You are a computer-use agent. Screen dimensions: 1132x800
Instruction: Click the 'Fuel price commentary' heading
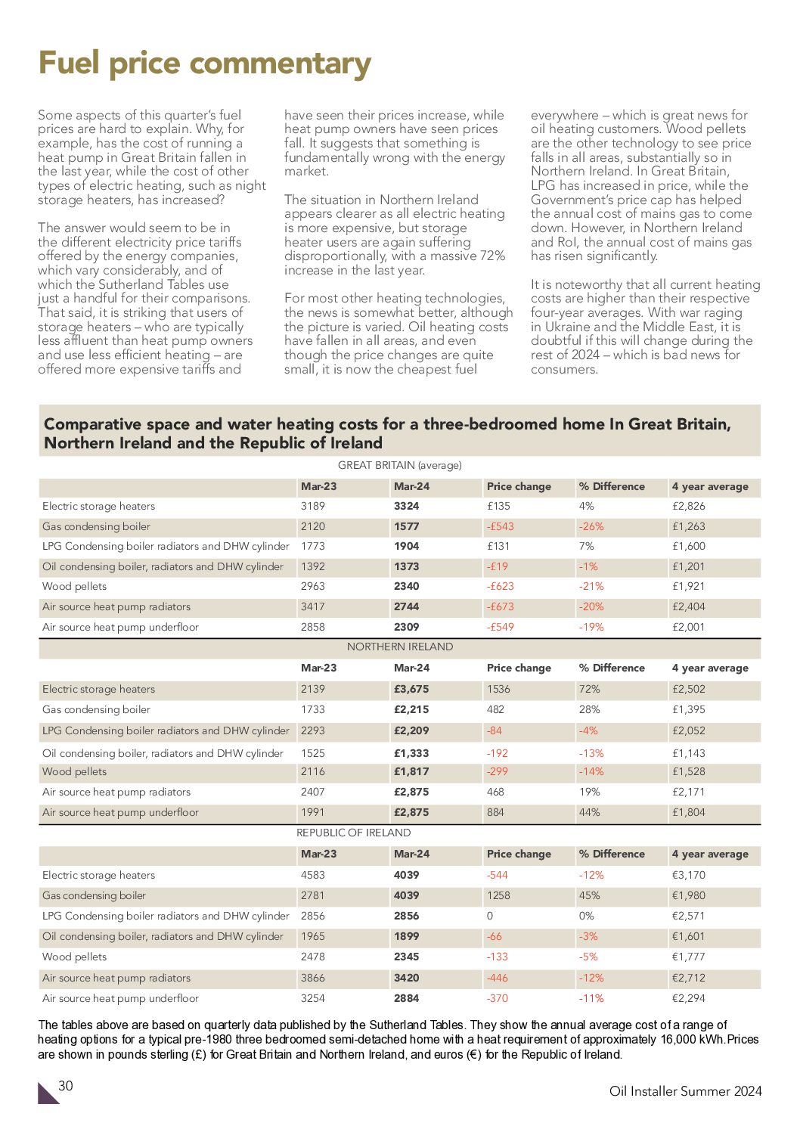click(x=204, y=64)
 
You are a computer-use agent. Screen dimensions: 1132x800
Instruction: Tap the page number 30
click(x=66, y=1086)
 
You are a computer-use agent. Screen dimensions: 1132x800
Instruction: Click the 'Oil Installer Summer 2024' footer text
click(x=685, y=1090)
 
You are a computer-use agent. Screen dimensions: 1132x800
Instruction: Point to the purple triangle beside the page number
click(x=47, y=1094)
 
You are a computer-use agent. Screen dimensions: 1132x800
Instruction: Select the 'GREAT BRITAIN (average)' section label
click(x=399, y=465)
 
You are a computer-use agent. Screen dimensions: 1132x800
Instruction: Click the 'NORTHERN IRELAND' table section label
click(x=399, y=647)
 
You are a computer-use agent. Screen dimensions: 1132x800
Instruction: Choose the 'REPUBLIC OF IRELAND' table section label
click(x=353, y=833)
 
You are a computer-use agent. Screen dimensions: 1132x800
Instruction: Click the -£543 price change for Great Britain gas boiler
click(x=500, y=526)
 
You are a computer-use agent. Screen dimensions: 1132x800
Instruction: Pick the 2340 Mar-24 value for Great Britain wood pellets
click(x=406, y=586)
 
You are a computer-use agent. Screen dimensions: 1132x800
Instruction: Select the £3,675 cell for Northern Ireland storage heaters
click(x=411, y=689)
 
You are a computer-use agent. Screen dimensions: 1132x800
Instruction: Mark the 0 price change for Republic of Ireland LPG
click(x=490, y=916)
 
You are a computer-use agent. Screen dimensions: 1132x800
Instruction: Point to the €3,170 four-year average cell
click(x=688, y=875)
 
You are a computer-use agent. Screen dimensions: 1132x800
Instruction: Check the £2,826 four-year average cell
click(x=688, y=506)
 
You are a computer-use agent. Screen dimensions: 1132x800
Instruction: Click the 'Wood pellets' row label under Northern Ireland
click(x=74, y=771)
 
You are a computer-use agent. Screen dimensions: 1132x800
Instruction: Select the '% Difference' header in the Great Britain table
click(x=612, y=486)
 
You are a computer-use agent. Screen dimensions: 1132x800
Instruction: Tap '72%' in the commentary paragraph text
click(x=491, y=256)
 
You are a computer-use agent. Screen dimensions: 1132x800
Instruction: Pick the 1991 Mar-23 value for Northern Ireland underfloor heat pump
click(x=312, y=812)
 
